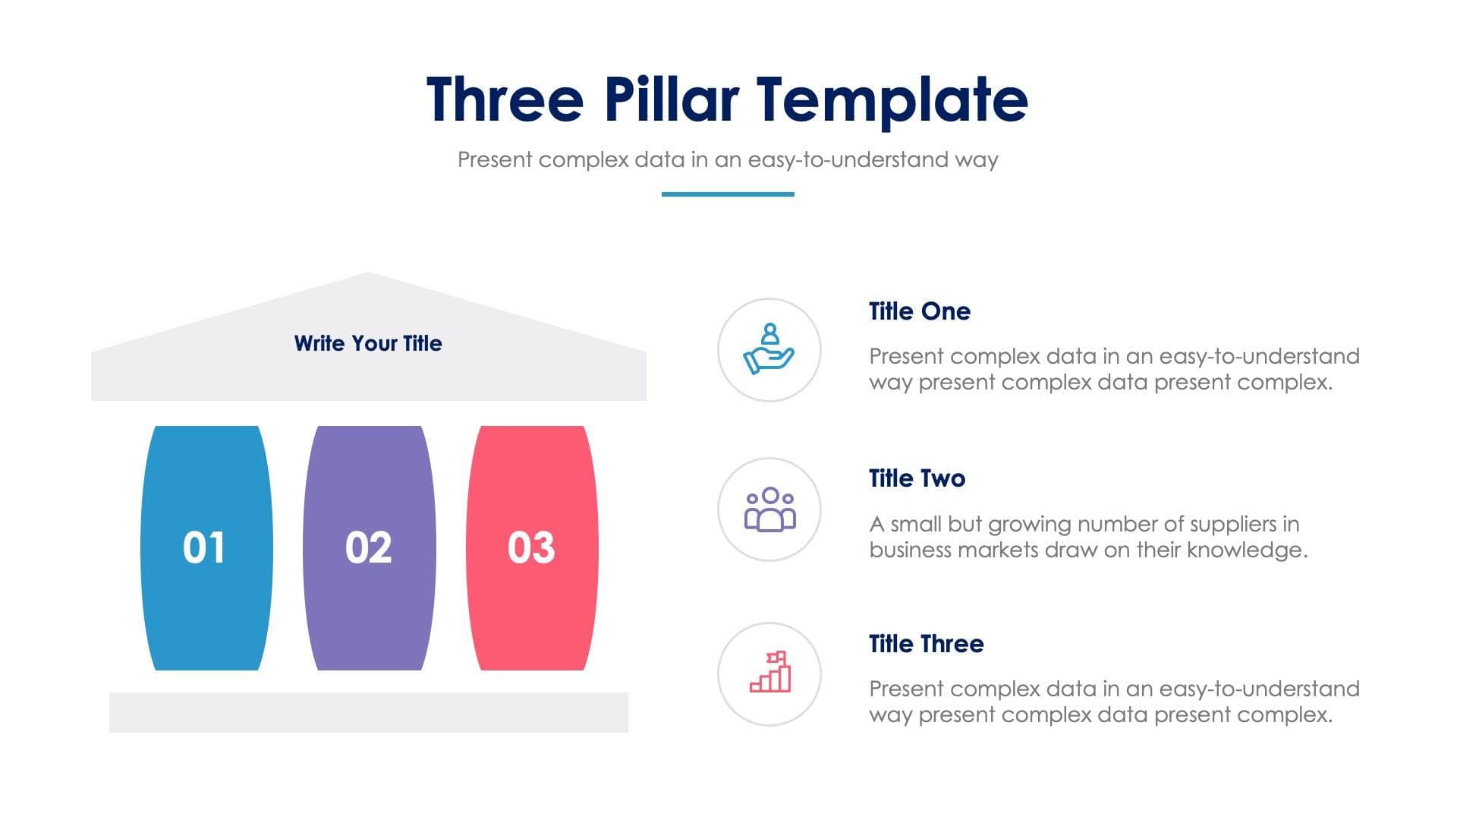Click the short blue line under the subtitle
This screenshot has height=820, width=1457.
[727, 194]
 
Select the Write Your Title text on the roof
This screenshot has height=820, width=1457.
[368, 343]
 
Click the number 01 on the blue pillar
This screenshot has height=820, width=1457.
[204, 547]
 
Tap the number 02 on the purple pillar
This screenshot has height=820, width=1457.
[369, 547]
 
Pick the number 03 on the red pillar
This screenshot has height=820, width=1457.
[531, 547]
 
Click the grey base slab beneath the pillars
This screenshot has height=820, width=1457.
[369, 712]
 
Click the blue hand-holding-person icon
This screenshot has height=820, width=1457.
[769, 349]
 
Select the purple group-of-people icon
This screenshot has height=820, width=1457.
[769, 509]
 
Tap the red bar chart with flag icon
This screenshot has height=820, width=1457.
[770, 673]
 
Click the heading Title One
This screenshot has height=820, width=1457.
[919, 311]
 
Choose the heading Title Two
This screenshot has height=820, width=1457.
[917, 478]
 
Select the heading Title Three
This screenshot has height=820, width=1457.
[926, 644]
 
